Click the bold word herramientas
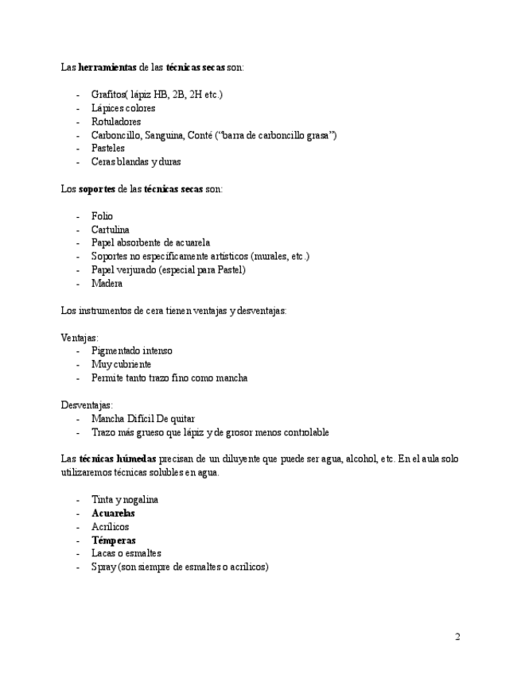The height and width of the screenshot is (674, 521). coord(107,68)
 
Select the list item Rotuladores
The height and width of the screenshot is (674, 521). coord(116,122)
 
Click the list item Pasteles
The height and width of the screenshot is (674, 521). coord(108,149)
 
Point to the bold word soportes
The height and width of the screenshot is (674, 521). coord(97,189)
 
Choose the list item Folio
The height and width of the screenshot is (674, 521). coord(102,216)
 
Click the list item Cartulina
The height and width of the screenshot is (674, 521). coord(111,230)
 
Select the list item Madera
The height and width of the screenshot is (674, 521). coord(107,284)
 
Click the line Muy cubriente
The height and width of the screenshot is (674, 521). coord(121,365)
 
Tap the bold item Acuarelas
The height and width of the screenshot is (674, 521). coord(113,513)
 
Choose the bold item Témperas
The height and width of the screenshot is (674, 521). coord(113,540)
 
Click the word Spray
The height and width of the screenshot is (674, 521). coord(103,567)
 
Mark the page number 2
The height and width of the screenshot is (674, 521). coord(457,637)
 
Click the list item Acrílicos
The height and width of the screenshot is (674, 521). coord(110,527)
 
